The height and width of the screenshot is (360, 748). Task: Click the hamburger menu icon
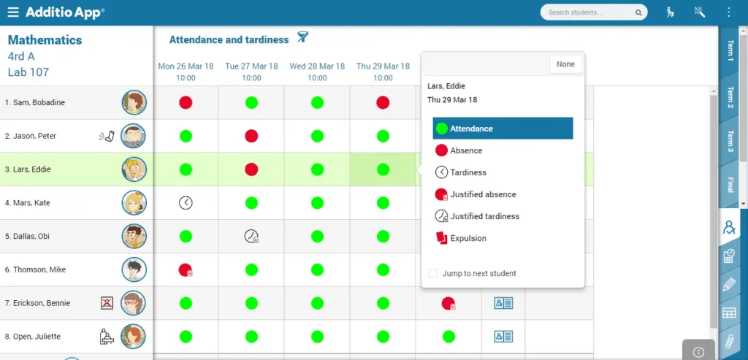click(13, 12)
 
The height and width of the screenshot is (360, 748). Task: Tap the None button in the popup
click(565, 64)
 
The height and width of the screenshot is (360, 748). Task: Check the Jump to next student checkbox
click(432, 274)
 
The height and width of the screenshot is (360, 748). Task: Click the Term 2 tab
click(730, 97)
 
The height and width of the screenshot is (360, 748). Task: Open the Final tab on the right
click(730, 185)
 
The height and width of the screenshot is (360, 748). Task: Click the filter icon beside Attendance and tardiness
click(302, 37)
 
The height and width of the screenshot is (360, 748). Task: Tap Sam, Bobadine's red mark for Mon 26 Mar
click(186, 102)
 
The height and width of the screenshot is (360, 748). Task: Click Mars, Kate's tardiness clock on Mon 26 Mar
click(186, 203)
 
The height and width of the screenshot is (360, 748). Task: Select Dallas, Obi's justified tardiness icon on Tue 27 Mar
click(251, 236)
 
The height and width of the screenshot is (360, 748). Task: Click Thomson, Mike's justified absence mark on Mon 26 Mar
click(186, 270)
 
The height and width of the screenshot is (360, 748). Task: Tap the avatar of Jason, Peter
click(133, 136)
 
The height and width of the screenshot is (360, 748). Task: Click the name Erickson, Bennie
click(38, 303)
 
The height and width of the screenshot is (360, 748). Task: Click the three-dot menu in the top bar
click(728, 12)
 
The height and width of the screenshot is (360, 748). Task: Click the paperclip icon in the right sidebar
click(729, 342)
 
